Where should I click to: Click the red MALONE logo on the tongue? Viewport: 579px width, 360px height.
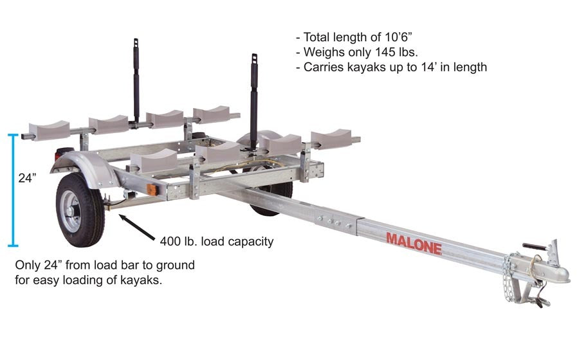pyautogui.click(x=414, y=242)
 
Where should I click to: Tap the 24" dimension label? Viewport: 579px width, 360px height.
pyautogui.click(x=26, y=177)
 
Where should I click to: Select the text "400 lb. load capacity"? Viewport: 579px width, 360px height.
pyautogui.click(x=217, y=242)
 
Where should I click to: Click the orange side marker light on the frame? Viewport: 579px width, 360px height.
pyautogui.click(x=152, y=191)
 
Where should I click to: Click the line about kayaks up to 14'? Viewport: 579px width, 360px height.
pyautogui.click(x=391, y=67)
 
